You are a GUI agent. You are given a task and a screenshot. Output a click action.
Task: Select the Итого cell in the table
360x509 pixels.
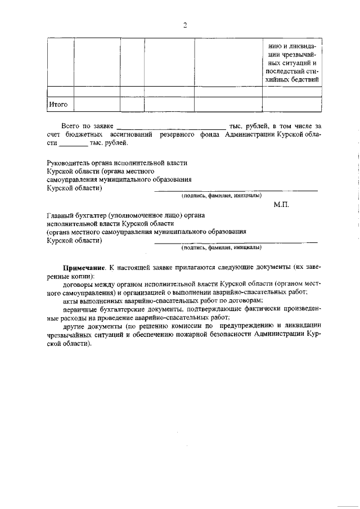(58, 104)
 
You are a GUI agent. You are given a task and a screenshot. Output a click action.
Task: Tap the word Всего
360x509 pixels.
(71, 126)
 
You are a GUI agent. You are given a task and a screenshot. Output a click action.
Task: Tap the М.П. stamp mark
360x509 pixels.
(281, 204)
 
